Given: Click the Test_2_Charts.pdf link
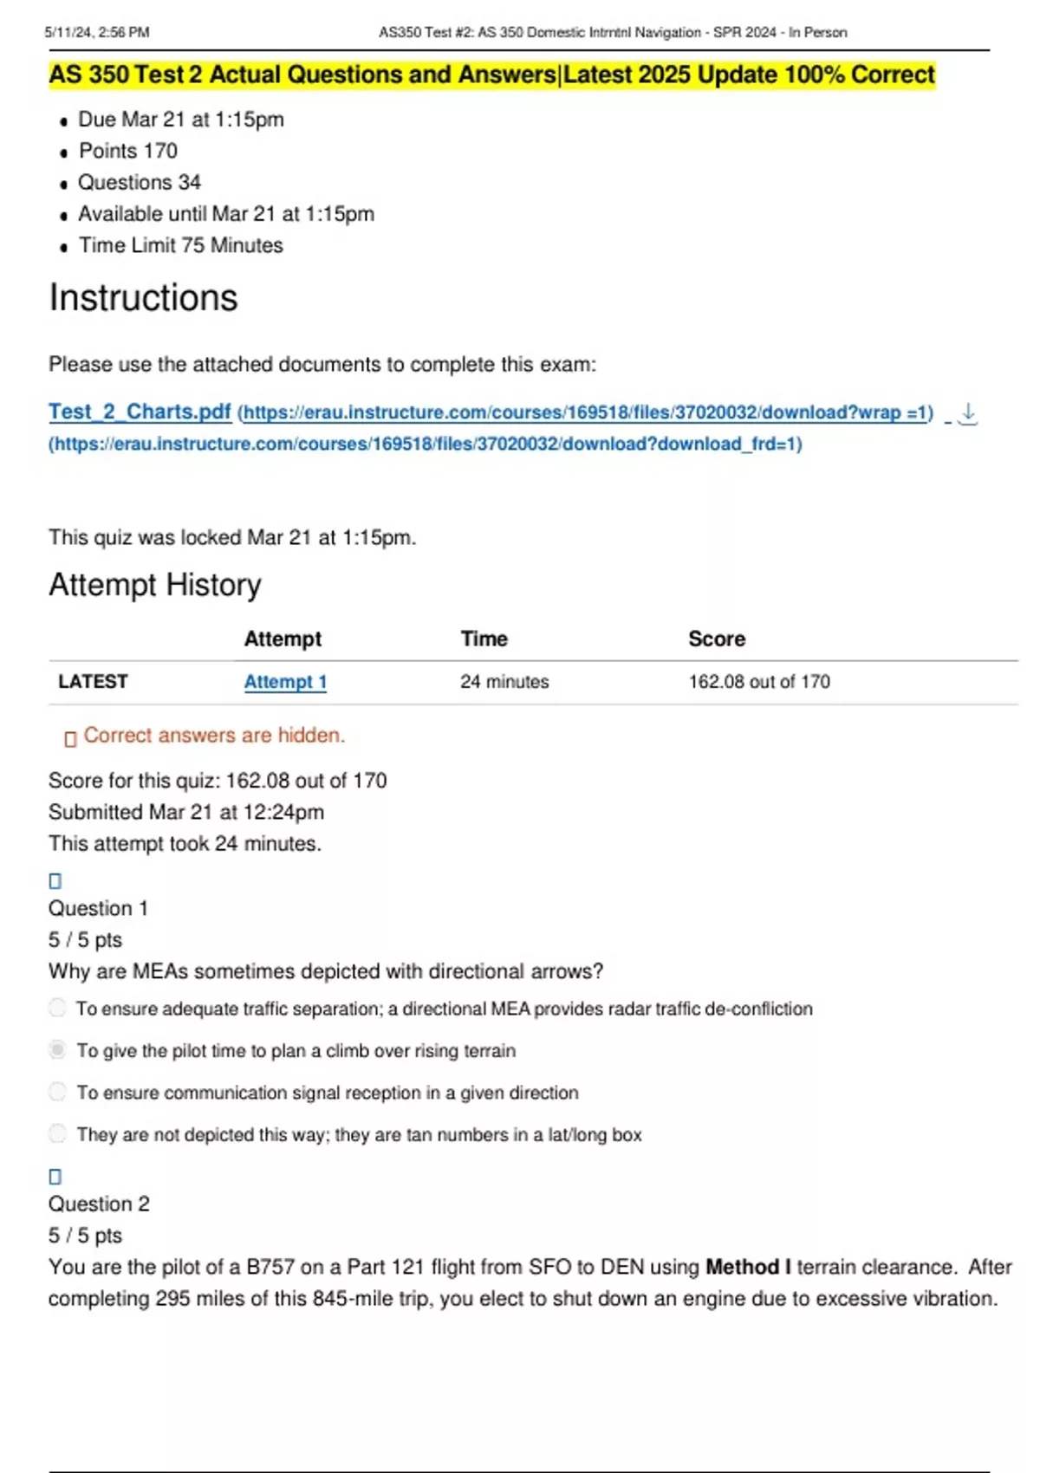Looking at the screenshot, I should click(140, 412).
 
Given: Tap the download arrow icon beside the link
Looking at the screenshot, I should click(969, 413).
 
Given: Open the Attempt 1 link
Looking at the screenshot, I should click(285, 682).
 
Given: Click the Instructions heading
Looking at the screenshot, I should click(143, 298).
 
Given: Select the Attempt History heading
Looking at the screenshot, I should click(154, 585).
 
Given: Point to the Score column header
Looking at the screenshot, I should click(716, 639).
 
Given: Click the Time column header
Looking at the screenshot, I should click(484, 639).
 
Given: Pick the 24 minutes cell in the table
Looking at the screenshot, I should click(504, 682).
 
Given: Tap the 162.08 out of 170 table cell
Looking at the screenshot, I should click(758, 682).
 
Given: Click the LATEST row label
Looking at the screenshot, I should click(93, 682).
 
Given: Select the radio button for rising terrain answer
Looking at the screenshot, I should click(57, 1050).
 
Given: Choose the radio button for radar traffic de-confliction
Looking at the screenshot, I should click(57, 1008).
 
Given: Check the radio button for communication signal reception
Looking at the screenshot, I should click(57, 1092).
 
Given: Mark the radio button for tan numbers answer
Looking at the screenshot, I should click(57, 1133).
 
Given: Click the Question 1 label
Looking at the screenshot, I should click(98, 908).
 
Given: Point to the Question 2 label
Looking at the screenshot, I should click(99, 1204).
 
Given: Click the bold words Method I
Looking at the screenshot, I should click(748, 1267).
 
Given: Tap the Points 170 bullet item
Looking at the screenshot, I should click(127, 151).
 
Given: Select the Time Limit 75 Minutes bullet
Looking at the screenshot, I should click(180, 245).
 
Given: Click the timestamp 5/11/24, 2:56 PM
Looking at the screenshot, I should click(97, 32).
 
